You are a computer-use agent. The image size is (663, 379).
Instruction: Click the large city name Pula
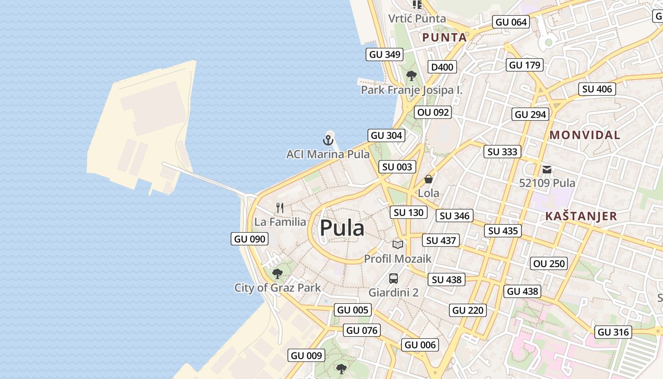click(342, 228)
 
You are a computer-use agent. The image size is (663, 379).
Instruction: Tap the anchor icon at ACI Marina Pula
click(328, 140)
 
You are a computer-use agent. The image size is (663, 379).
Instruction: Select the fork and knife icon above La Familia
click(280, 208)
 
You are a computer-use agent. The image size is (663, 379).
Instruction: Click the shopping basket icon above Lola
click(428, 179)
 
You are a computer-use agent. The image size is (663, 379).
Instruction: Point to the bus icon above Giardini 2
click(394, 278)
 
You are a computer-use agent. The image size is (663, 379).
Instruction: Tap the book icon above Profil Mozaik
click(398, 245)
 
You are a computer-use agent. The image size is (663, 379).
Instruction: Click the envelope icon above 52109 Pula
click(547, 169)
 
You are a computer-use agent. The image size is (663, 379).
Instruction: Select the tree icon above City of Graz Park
click(278, 273)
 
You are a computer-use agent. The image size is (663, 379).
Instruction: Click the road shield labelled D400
click(442, 67)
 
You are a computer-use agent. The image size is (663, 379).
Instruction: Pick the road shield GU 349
click(385, 54)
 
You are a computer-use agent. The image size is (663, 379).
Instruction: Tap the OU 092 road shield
click(432, 112)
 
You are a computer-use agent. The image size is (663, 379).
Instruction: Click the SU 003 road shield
click(397, 167)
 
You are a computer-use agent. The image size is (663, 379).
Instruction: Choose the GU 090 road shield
click(250, 239)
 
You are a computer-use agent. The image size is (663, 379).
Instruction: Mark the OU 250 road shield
click(549, 263)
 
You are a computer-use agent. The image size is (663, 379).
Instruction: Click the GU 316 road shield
click(613, 332)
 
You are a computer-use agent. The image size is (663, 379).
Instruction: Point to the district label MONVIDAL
click(585, 135)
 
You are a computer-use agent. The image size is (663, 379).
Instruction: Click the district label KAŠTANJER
click(581, 216)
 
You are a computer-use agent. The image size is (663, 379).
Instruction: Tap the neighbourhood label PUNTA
click(444, 37)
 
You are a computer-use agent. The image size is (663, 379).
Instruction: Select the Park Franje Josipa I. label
click(412, 90)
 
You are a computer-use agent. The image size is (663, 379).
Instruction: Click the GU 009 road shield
click(306, 355)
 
